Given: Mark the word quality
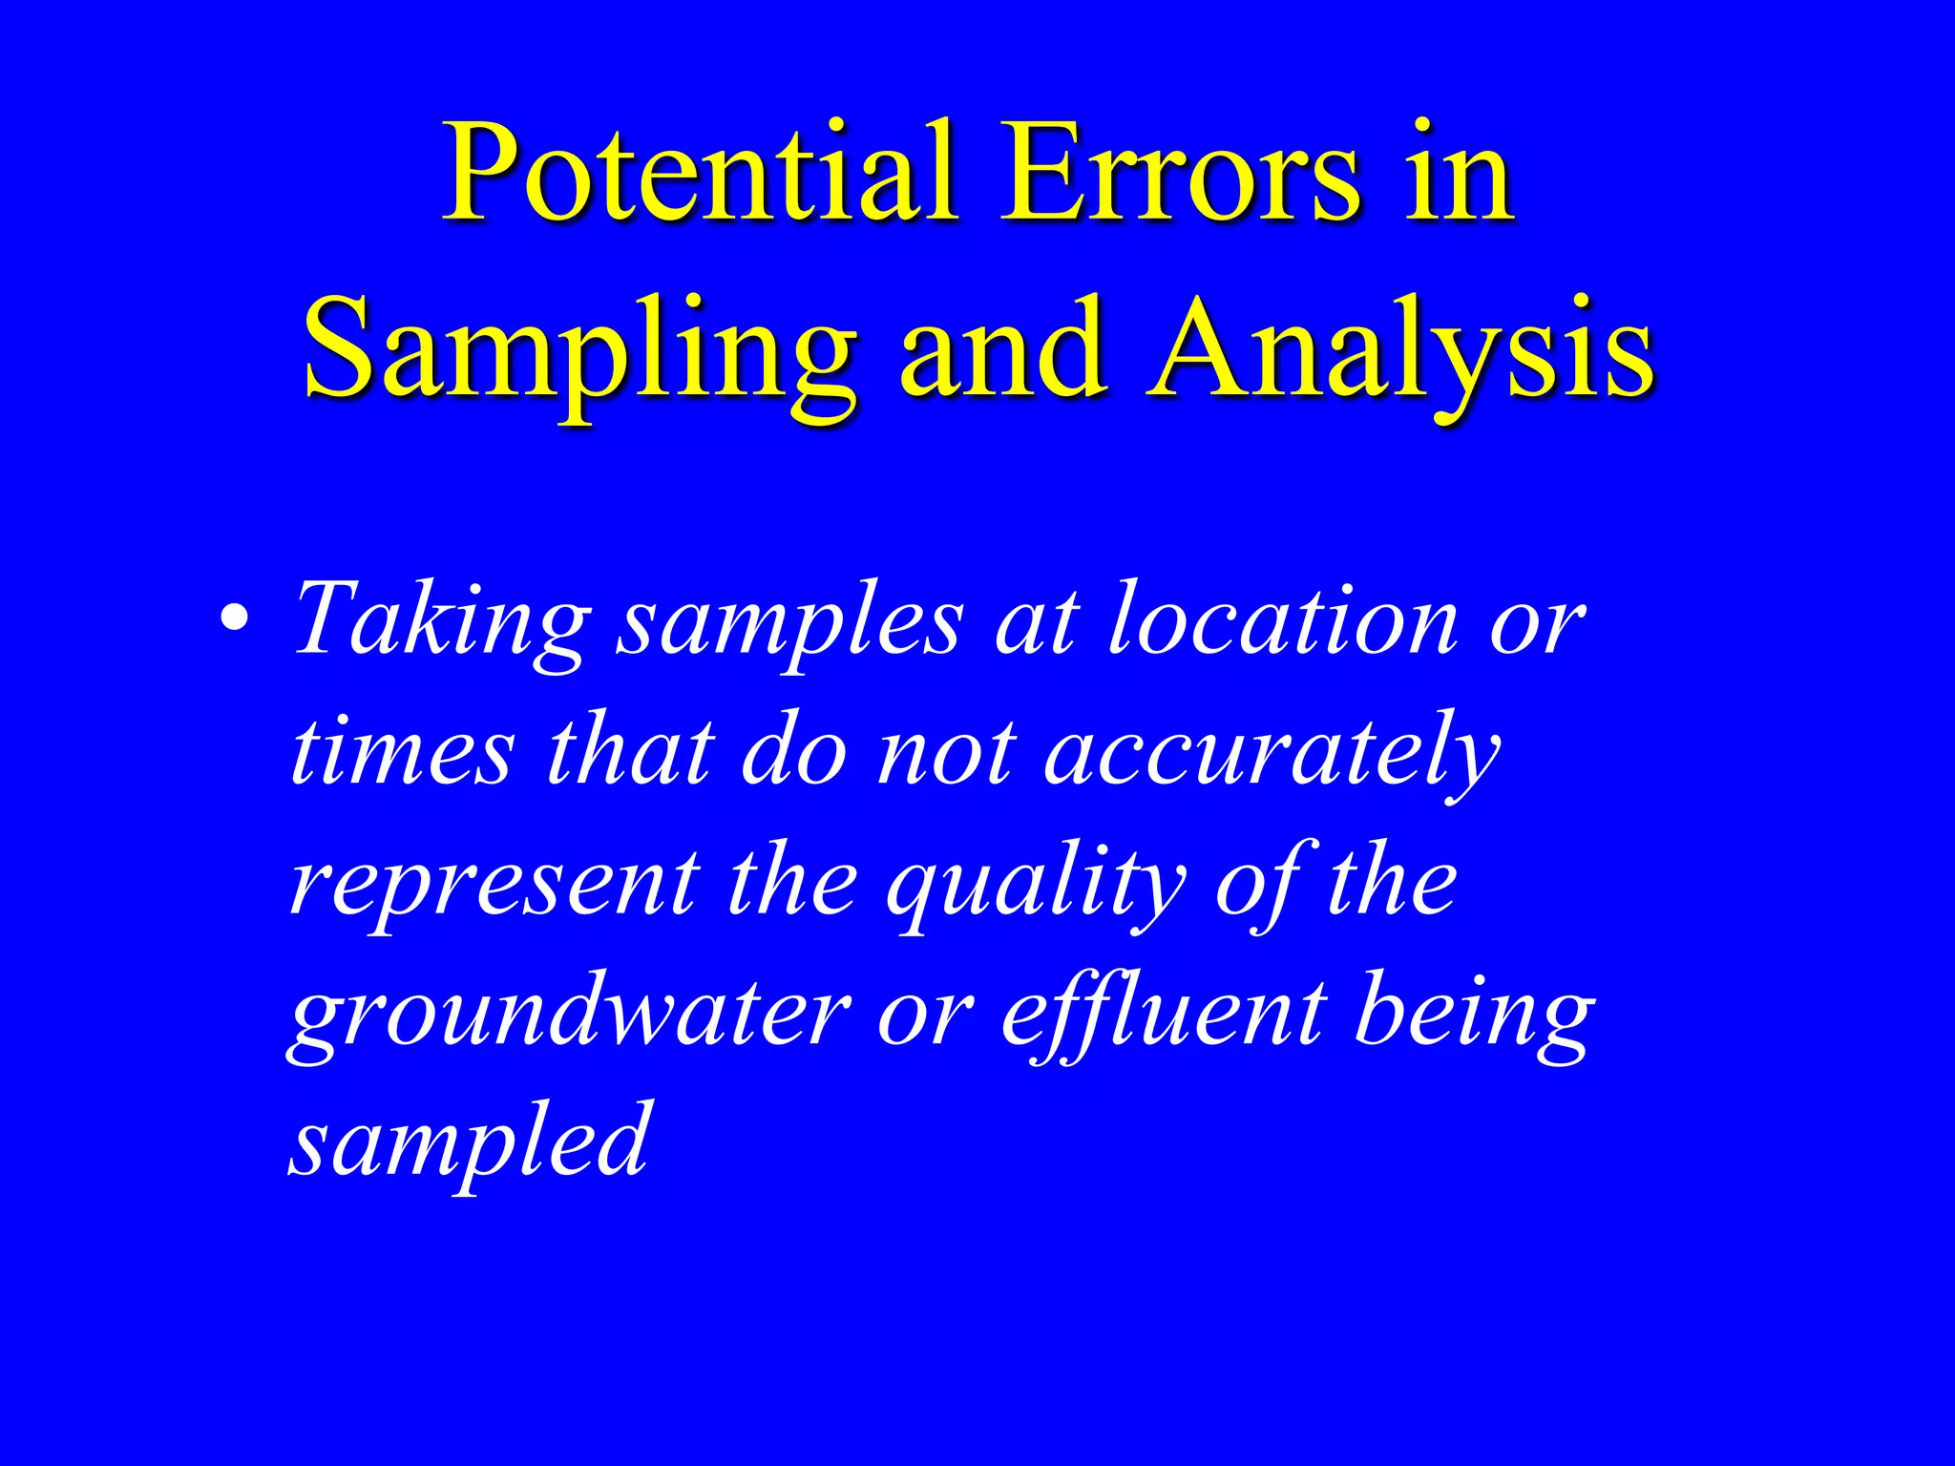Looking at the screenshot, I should [x=1035, y=885].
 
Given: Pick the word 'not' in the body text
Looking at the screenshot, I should [x=945, y=754].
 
